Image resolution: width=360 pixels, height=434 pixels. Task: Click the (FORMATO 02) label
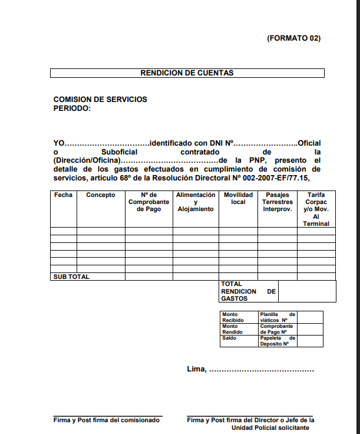[x=293, y=38]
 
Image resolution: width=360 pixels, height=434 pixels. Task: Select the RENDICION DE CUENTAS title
[x=187, y=73]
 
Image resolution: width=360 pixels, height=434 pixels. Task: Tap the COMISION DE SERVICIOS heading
[x=100, y=100]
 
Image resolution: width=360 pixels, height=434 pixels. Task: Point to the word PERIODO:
[x=72, y=108]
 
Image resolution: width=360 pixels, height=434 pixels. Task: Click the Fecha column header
[x=63, y=195]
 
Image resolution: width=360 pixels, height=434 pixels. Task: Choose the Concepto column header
[x=101, y=195]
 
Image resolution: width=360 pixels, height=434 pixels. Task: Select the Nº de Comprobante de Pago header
[x=148, y=202]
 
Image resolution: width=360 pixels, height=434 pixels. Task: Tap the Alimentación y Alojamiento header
[x=196, y=202]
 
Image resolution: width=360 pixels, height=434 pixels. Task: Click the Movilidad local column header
[x=238, y=198]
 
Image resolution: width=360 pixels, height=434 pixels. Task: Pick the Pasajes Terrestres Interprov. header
[x=278, y=202]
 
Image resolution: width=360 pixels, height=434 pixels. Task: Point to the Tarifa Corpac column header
[x=316, y=209]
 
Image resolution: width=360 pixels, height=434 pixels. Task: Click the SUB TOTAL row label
[x=71, y=277]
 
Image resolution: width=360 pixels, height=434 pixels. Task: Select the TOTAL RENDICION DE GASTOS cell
[x=248, y=291]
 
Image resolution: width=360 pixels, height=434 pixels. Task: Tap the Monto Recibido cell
[x=233, y=317]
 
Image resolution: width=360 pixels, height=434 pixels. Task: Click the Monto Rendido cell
[x=233, y=329]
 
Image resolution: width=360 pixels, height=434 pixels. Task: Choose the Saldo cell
[x=229, y=338]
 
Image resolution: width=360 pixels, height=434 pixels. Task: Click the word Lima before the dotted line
[x=196, y=369]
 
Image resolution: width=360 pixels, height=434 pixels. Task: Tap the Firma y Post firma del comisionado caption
[x=107, y=420]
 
